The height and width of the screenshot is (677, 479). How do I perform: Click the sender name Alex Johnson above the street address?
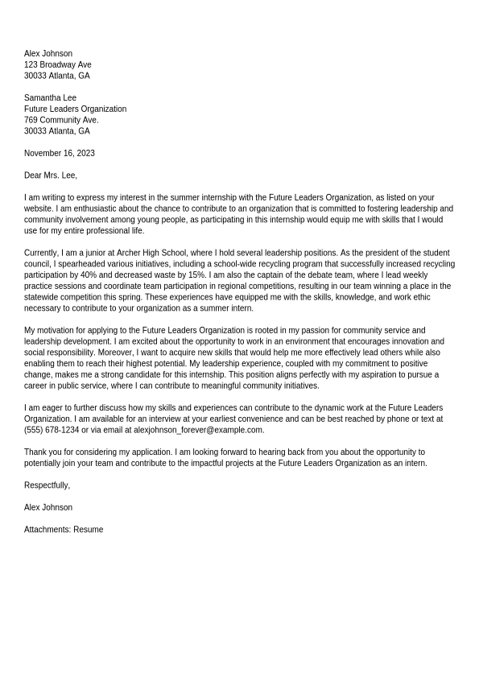[47, 54]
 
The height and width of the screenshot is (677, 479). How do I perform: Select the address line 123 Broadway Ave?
[57, 64]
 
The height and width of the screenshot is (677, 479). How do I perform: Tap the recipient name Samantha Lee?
[50, 98]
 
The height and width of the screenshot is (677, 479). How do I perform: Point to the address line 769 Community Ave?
[61, 120]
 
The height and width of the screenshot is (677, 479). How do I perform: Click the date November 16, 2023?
[59, 153]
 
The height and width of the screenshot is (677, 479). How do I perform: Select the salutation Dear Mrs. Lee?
[50, 175]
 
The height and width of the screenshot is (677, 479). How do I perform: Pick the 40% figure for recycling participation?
[89, 275]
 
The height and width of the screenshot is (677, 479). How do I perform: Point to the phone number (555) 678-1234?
[52, 430]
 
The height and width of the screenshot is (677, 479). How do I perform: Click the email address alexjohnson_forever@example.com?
[198, 430]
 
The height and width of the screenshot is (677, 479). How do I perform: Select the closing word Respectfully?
[47, 485]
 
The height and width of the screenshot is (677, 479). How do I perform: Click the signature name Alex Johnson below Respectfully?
[47, 508]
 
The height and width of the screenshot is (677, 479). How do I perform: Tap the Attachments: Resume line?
[64, 530]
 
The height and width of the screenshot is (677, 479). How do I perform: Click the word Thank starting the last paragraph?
[35, 452]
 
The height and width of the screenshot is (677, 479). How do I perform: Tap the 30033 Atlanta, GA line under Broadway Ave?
[56, 76]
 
